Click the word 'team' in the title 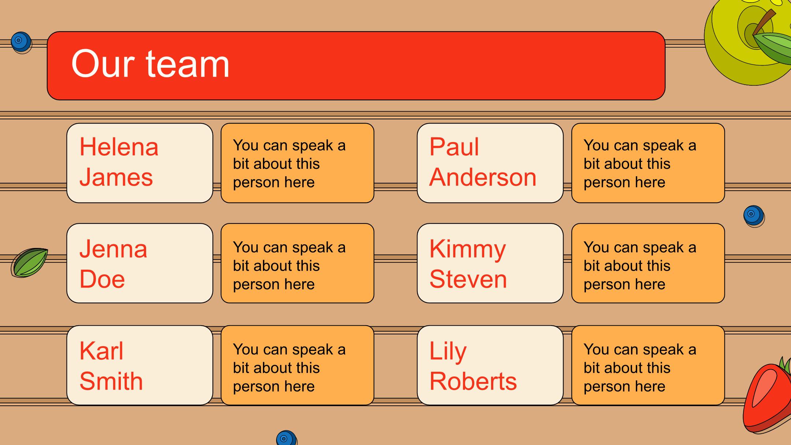point(187,64)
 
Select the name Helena point(119,147)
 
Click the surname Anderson point(483,177)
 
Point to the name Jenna point(113,249)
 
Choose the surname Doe point(102,279)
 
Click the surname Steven point(468,279)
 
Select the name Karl point(101,351)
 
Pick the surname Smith point(111,381)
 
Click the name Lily point(448,352)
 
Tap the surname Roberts point(473,381)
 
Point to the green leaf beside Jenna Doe point(30,262)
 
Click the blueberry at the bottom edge point(286,438)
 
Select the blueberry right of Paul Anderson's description point(754,216)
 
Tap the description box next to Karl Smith point(297,365)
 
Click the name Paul point(454,147)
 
